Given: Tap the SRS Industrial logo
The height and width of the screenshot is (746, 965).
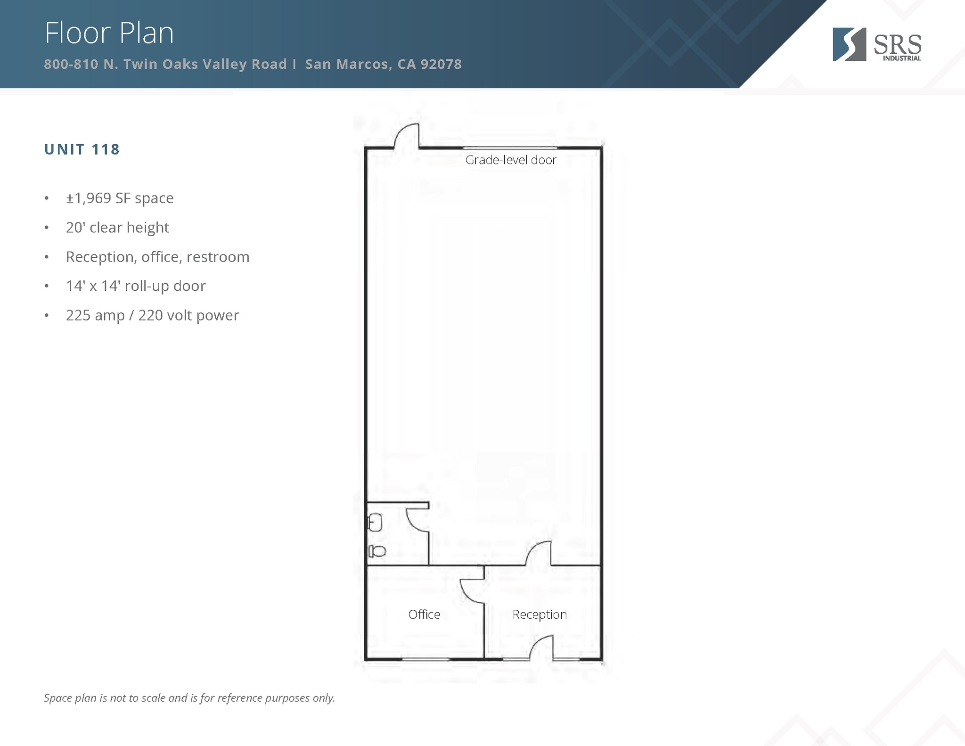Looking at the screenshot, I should (876, 45).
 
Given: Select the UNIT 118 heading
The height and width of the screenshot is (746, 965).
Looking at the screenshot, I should (82, 149).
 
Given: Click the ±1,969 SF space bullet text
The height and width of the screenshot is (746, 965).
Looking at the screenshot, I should (120, 198).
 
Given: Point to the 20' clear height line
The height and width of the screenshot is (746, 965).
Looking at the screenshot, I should (117, 228).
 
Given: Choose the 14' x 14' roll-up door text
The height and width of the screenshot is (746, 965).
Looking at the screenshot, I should (136, 286).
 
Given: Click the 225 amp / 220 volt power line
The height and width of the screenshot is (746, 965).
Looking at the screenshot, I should (152, 315).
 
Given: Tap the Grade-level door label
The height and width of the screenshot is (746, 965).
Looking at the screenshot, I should (511, 160).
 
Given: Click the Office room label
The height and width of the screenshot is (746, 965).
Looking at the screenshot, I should (424, 615).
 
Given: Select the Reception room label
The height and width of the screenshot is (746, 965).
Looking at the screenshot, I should (540, 615).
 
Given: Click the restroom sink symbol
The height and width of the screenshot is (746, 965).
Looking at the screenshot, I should (375, 522).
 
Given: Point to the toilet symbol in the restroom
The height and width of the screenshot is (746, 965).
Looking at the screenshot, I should (377, 551).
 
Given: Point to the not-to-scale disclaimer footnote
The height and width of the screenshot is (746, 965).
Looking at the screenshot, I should (189, 698).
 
